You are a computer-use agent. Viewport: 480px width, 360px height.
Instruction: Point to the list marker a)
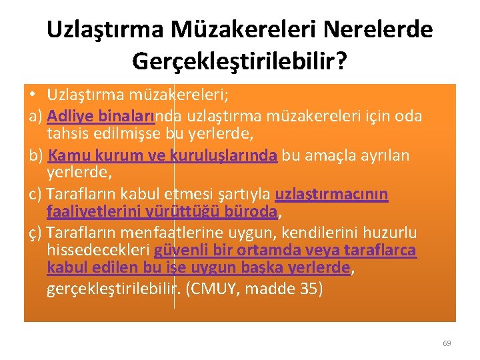click(36, 117)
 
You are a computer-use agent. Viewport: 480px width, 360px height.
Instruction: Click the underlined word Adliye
click(71, 117)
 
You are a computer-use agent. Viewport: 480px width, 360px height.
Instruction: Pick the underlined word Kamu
click(67, 155)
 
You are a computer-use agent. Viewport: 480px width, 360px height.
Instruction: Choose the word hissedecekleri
click(99, 251)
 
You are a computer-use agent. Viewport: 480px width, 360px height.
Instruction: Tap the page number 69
click(447, 343)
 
